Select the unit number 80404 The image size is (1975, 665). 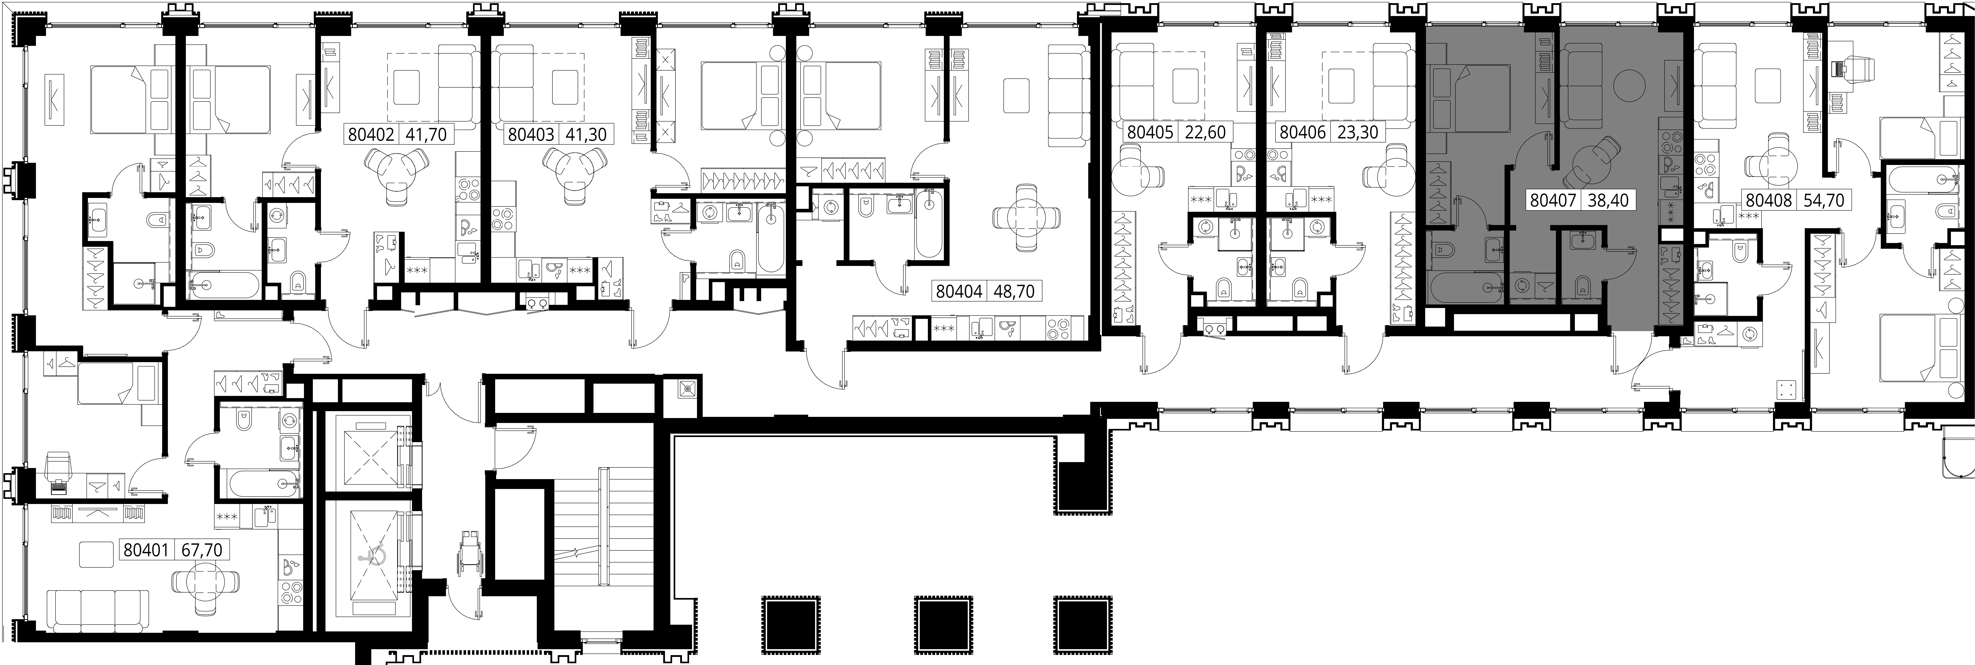click(x=958, y=291)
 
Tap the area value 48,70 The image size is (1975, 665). click(x=1014, y=291)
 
